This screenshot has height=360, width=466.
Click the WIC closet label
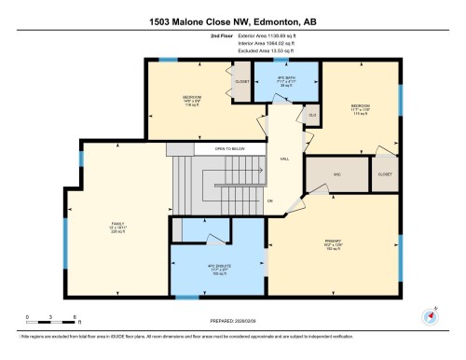[x=325, y=174]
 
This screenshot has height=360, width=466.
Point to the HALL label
[x=284, y=159]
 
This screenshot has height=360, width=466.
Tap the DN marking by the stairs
[x=270, y=201]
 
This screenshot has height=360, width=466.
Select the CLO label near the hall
[x=311, y=116]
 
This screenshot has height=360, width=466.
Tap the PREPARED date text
[x=233, y=322]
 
